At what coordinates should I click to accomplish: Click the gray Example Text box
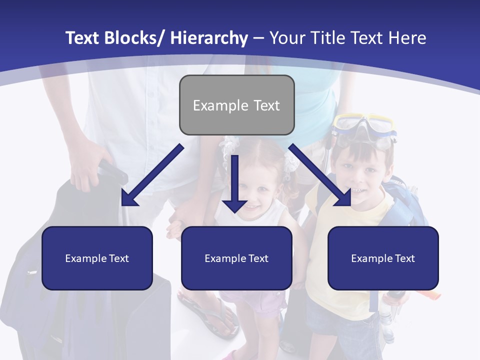tap(236, 105)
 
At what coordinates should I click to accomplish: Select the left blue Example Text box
tap(97, 258)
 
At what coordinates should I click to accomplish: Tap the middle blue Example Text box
tap(236, 258)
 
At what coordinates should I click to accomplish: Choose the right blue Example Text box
tap(383, 258)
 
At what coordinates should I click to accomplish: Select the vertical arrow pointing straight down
tap(234, 182)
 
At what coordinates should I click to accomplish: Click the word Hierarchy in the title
tap(208, 38)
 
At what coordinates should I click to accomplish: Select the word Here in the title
tap(407, 38)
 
